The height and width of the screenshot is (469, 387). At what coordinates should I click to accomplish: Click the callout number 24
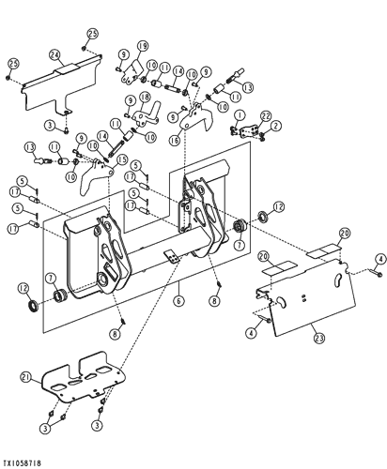click(x=54, y=54)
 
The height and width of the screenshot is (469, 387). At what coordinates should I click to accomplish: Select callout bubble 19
click(x=143, y=46)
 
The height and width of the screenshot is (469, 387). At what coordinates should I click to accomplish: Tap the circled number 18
click(x=144, y=97)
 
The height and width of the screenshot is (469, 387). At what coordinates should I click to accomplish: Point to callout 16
click(x=175, y=140)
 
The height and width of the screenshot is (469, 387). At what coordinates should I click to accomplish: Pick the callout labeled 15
click(x=121, y=160)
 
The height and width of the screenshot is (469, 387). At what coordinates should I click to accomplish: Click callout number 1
click(x=240, y=114)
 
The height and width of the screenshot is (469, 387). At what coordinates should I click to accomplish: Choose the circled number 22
click(x=266, y=114)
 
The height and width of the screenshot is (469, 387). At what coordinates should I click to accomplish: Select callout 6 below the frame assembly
click(x=176, y=302)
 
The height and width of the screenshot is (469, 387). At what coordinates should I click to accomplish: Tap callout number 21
click(x=24, y=377)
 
